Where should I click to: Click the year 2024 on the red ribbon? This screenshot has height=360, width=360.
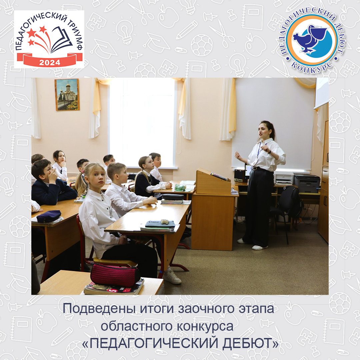click(50, 62)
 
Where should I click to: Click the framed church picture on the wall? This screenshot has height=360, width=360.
click(67, 94)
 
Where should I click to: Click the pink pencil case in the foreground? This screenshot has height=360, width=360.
click(115, 274)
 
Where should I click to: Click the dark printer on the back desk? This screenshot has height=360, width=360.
click(307, 183)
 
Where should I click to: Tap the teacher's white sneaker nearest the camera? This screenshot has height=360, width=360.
click(260, 247)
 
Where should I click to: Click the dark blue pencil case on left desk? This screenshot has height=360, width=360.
click(49, 216)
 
